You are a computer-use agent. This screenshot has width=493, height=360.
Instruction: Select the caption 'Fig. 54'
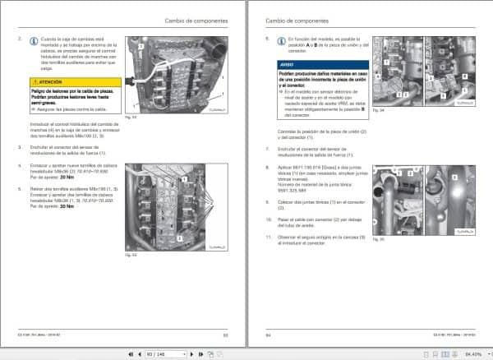pyautogui.click(x=379, y=109)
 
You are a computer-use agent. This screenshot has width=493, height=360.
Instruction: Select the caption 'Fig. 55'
pyautogui.click(x=379, y=238)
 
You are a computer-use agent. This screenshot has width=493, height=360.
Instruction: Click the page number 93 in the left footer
pyautogui.click(x=223, y=335)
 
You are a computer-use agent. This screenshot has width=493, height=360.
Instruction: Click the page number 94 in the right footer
pyautogui.click(x=270, y=335)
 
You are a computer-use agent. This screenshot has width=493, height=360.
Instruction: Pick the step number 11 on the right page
pyautogui.click(x=269, y=237)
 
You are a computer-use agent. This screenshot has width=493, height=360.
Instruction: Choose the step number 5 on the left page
pyautogui.click(x=20, y=187)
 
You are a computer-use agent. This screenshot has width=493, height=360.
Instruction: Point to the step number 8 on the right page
pyautogui.click(x=268, y=165)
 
